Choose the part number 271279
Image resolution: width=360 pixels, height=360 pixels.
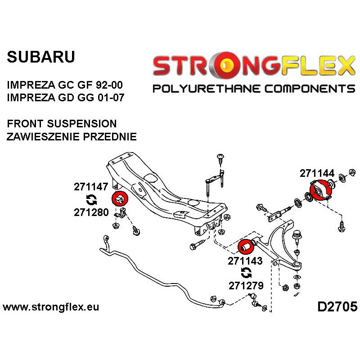(245, 285)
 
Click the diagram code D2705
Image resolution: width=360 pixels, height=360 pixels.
(337, 307)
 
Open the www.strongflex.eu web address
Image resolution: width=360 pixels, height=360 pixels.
(51, 307)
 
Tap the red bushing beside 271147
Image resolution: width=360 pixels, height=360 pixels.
(119, 198)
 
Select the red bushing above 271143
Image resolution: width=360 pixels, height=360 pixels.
(245, 247)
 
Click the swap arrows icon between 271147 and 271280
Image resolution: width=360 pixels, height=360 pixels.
(90, 200)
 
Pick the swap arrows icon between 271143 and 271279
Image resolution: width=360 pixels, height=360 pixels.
(246, 273)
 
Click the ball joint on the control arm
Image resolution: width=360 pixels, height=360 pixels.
(297, 236)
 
